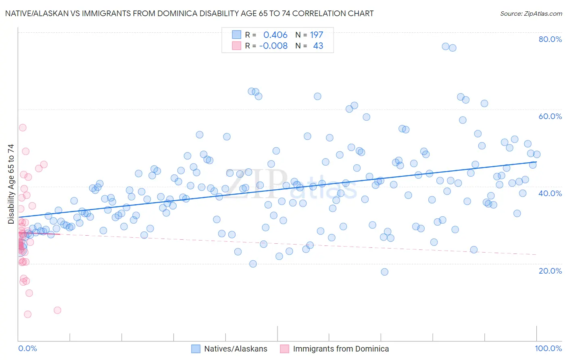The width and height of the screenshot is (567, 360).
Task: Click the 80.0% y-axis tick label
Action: tap(550, 39)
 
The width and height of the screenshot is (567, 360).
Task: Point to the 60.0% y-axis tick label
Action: tap(550, 116)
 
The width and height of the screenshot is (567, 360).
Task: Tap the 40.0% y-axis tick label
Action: tap(550, 193)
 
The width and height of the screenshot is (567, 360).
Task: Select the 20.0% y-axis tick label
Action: tap(550, 271)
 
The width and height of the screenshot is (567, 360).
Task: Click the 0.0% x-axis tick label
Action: tap(27, 349)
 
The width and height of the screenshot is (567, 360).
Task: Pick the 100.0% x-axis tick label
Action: tap(548, 349)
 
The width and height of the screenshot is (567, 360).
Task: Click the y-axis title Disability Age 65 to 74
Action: tap(11, 184)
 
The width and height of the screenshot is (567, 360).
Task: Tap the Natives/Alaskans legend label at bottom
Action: tap(236, 349)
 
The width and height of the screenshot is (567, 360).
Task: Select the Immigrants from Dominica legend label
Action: tap(341, 349)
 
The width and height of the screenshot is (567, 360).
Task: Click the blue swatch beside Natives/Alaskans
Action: tap(196, 349)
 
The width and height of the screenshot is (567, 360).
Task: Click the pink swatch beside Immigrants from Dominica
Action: tap(285, 349)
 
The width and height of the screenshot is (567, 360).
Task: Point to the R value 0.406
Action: tap(275, 35)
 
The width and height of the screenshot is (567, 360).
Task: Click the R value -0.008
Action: tap(273, 46)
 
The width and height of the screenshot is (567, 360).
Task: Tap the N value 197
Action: tap(317, 35)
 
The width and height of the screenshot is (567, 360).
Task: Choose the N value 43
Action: tap(318, 46)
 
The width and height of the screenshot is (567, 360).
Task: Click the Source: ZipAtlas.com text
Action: tap(531, 14)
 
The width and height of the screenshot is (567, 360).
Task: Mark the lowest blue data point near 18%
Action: tap(385, 272)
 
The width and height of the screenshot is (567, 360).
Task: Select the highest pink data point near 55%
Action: tap(23, 128)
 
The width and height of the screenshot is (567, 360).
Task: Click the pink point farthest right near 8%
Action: tap(57, 310)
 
